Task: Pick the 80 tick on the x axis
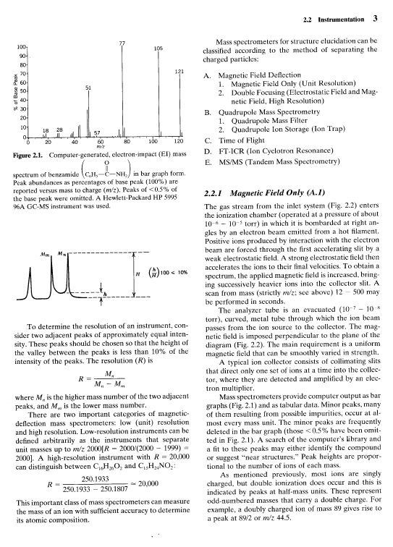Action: click(127, 143)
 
